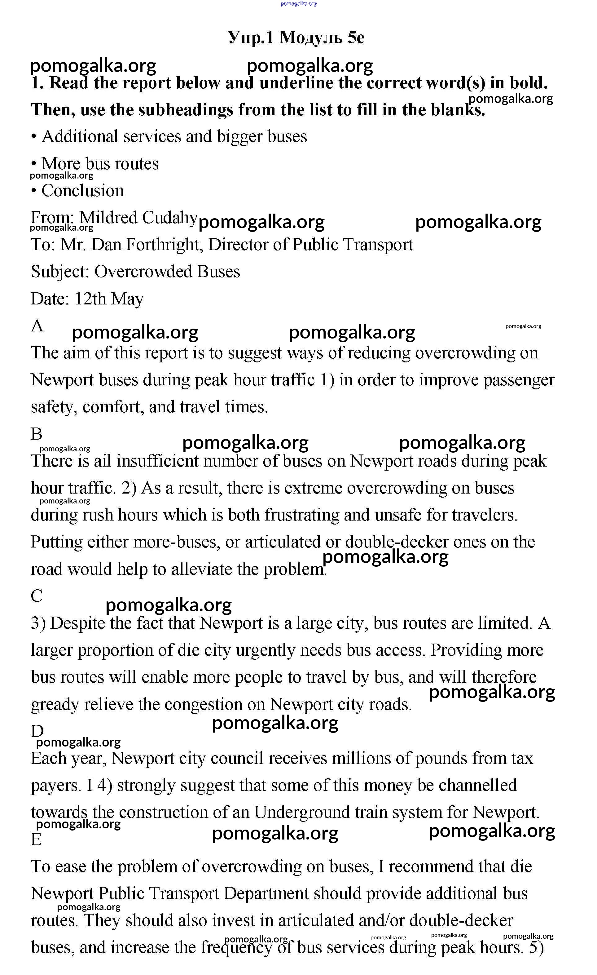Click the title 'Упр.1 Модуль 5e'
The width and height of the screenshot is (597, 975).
coord(296,38)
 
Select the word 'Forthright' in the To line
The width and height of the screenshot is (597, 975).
coord(166,245)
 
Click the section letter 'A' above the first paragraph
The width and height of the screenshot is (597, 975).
coord(37,326)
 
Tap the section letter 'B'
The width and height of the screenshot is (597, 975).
coord(36,434)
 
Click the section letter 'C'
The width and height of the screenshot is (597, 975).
coord(36,596)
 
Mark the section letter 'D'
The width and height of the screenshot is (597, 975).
coord(37,731)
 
